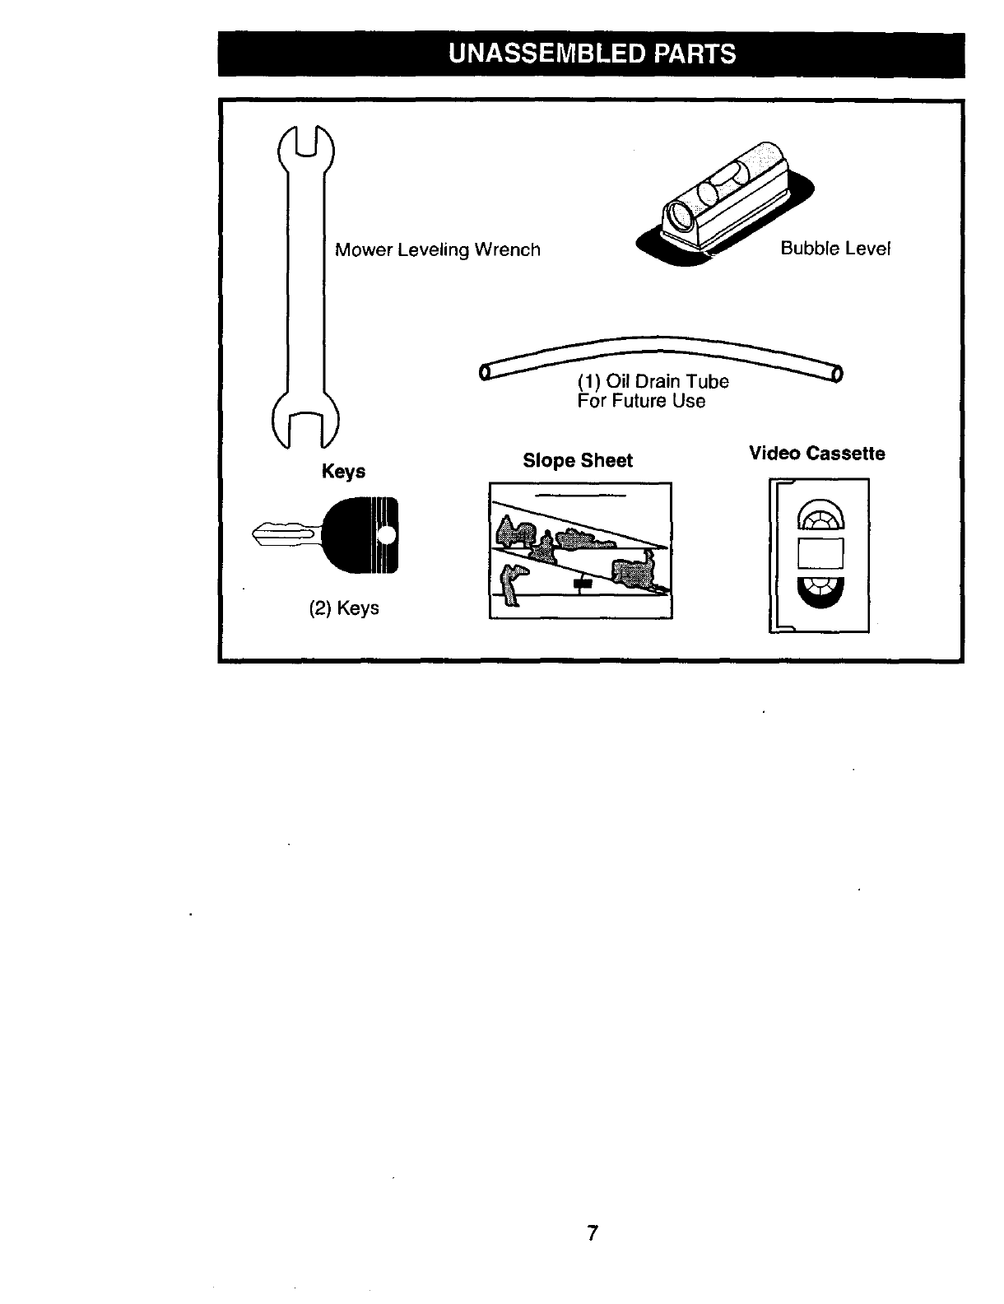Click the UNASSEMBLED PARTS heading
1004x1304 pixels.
591,54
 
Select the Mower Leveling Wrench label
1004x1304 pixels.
437,249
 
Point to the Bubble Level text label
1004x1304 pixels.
835,249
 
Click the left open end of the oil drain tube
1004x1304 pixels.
485,373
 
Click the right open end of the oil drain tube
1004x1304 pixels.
837,375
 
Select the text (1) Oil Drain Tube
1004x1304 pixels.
653,382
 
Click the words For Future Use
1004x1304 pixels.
641,401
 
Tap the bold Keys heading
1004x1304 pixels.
343,472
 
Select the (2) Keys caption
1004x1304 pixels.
344,608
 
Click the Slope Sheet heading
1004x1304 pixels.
578,460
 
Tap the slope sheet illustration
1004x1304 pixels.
580,550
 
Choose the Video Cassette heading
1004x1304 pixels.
816,454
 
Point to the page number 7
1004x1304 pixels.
591,1233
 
